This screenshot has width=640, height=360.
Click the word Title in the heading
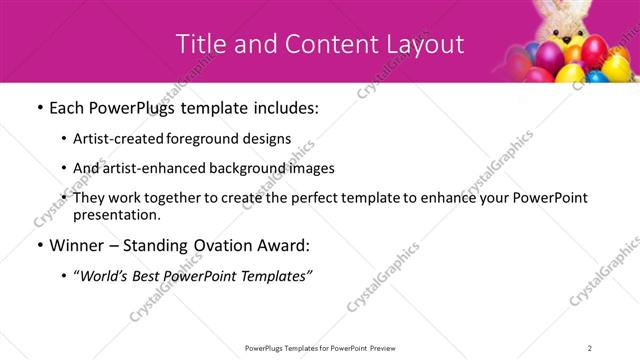point(199,43)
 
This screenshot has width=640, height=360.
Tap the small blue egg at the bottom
point(598,76)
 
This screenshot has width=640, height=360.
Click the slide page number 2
point(590,347)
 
